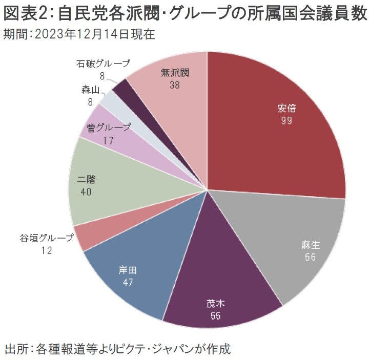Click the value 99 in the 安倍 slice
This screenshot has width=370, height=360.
click(287, 120)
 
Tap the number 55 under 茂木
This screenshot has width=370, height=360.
click(215, 316)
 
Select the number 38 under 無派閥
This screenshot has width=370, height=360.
click(174, 86)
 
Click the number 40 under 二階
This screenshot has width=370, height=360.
click(87, 192)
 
